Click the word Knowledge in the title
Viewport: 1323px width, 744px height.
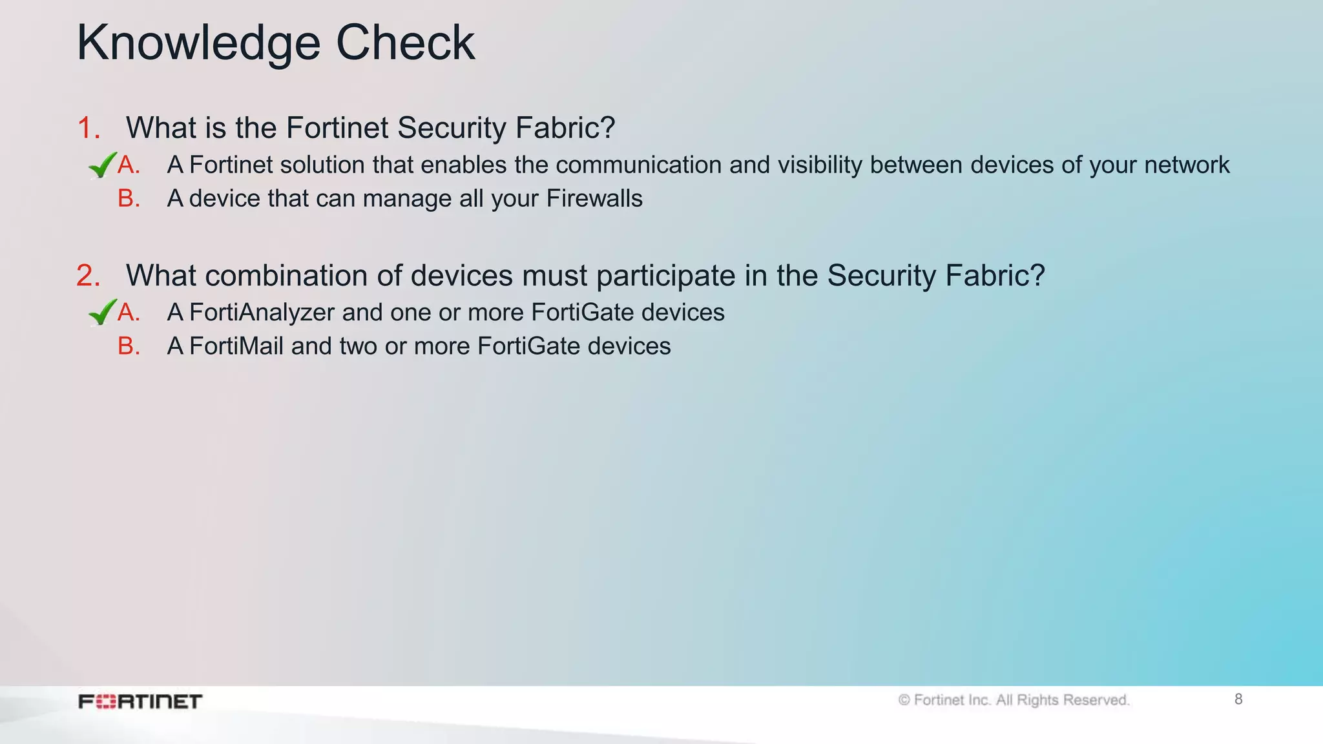click(x=198, y=43)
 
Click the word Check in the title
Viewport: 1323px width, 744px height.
click(x=405, y=43)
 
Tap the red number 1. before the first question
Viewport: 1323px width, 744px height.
click(x=89, y=128)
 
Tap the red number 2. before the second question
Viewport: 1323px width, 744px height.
click(x=89, y=276)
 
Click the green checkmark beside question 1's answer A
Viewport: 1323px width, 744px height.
click(x=102, y=165)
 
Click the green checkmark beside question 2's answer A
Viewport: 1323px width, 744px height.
click(x=102, y=313)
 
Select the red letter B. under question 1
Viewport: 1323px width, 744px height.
click(x=129, y=198)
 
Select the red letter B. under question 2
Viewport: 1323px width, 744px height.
click(x=129, y=346)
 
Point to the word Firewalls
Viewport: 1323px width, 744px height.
click(x=594, y=198)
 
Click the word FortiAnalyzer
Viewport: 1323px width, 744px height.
click(x=262, y=313)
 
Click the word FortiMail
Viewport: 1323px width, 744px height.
click(x=236, y=346)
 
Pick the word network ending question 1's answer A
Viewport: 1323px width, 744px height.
click(x=1187, y=165)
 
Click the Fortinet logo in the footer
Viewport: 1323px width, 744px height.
click(x=140, y=701)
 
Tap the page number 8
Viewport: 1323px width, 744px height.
click(x=1238, y=699)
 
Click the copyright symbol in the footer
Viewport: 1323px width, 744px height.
click(x=904, y=700)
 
